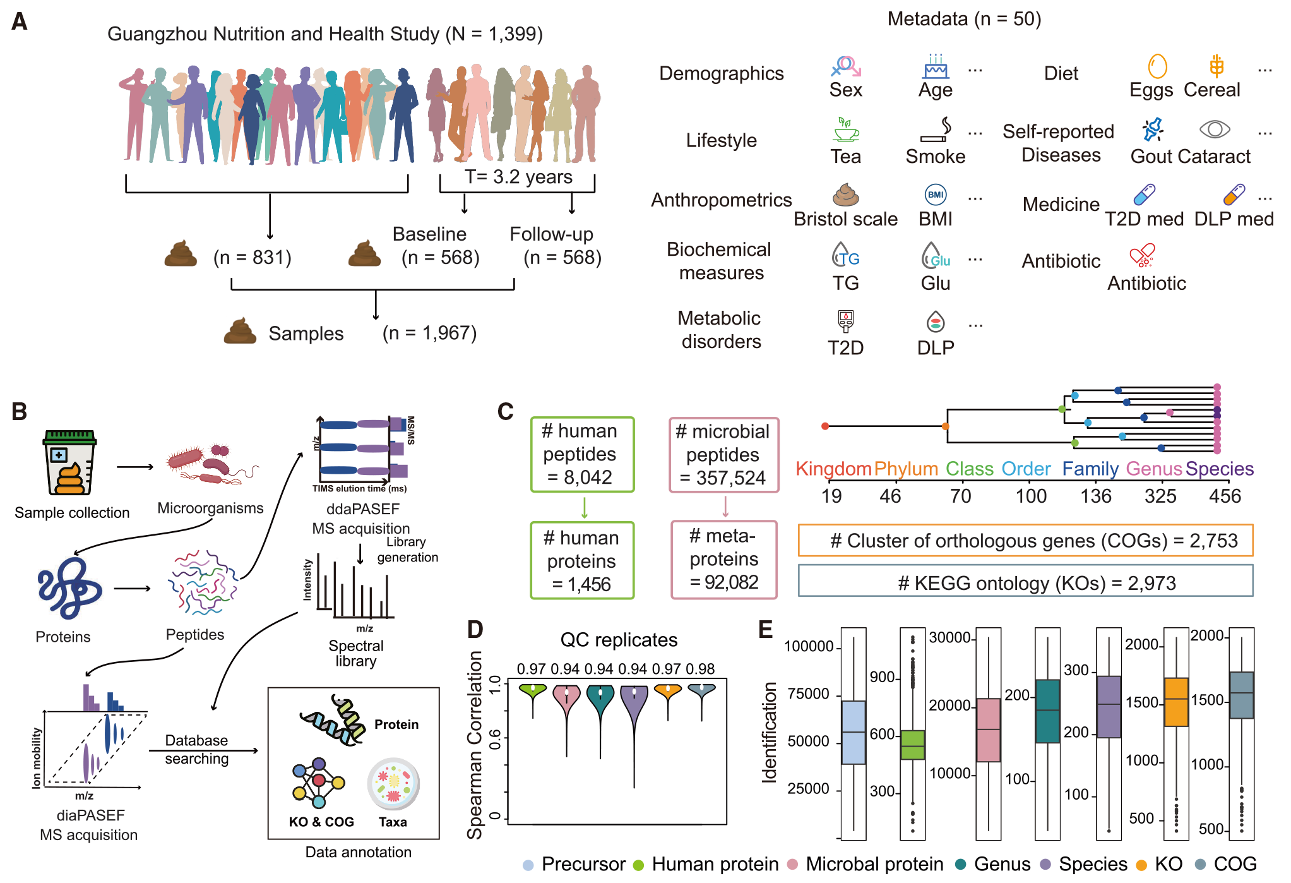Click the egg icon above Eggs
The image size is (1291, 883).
[x=1157, y=66]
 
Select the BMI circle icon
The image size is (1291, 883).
[x=936, y=195]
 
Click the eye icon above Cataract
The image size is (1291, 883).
[x=1215, y=129]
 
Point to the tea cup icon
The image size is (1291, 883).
[x=845, y=129]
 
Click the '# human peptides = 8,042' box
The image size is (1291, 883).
[x=582, y=454]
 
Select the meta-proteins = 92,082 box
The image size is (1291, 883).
[x=724, y=559]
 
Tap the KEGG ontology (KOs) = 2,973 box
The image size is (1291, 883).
[x=1025, y=580]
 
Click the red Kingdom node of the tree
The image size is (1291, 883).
[x=824, y=426]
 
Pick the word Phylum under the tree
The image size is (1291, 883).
[x=906, y=469]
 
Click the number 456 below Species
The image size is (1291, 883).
[x=1225, y=496]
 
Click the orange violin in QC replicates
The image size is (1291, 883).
[x=668, y=692]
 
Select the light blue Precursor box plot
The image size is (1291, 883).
[x=854, y=732]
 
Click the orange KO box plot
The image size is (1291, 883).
[x=1176, y=702]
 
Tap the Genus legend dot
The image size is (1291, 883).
[x=961, y=864]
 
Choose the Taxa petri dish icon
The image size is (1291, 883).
[x=393, y=784]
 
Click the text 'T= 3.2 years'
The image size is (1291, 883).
[x=518, y=177]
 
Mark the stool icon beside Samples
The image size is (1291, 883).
[x=240, y=331]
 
